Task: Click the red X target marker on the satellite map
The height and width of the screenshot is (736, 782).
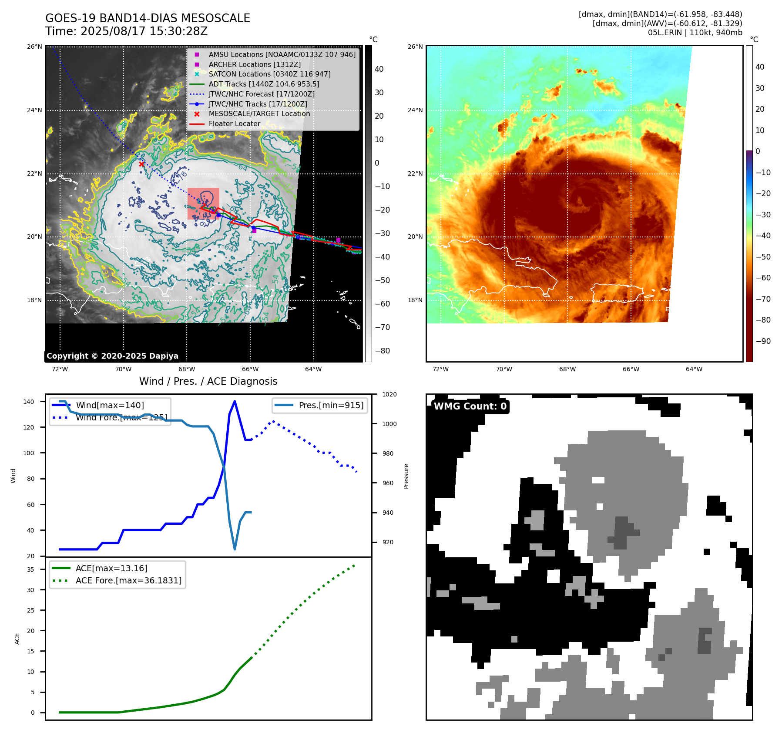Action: pyautogui.click(x=141, y=164)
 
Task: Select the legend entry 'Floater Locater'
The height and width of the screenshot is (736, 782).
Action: pyautogui.click(x=234, y=124)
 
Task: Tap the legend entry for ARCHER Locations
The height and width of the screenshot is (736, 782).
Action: pyautogui.click(x=254, y=64)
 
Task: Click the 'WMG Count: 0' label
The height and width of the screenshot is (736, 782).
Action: pyautogui.click(x=470, y=406)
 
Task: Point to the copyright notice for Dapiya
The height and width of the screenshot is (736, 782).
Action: pyautogui.click(x=112, y=356)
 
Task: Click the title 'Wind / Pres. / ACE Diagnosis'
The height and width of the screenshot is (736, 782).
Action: pyautogui.click(x=208, y=381)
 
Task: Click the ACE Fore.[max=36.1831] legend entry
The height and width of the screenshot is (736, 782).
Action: pyautogui.click(x=128, y=580)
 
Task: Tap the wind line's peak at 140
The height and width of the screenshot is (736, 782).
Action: pyautogui.click(x=235, y=401)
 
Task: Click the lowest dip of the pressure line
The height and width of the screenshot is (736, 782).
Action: pyautogui.click(x=235, y=549)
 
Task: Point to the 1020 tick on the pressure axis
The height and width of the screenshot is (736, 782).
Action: pyautogui.click(x=389, y=395)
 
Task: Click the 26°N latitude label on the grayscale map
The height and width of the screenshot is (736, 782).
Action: pyautogui.click(x=35, y=47)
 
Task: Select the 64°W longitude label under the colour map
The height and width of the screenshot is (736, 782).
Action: pyautogui.click(x=694, y=369)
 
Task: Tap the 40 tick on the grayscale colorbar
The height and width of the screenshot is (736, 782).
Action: pyautogui.click(x=379, y=69)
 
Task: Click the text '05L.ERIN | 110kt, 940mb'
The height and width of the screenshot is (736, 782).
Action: pyautogui.click(x=695, y=33)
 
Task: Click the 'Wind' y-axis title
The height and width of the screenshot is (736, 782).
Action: pyautogui.click(x=13, y=476)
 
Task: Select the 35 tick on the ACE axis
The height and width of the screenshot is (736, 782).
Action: pyautogui.click(x=30, y=569)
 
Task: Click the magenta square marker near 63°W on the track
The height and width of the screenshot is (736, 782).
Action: pyautogui.click(x=338, y=240)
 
